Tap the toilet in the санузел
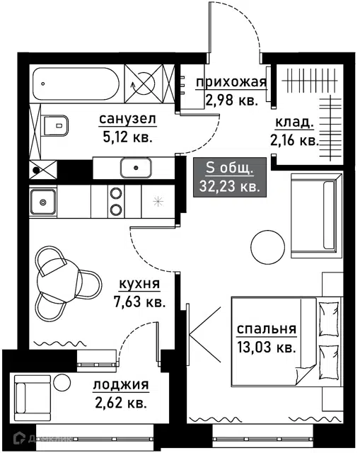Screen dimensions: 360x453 click(56, 125)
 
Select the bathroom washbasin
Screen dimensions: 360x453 click(136, 168)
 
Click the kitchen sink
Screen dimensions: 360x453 click(43, 202)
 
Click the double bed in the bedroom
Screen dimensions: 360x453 click(286, 342)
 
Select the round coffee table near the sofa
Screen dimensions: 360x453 click(268, 247)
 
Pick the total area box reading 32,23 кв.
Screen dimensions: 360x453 click(230, 178)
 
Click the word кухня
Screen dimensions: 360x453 click(139, 284)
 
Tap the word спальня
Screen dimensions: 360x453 click(267, 329)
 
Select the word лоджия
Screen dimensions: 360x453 click(121, 385)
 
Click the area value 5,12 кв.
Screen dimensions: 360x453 click(127, 137)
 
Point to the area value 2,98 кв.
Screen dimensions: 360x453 click(231, 101)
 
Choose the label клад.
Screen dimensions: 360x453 click(294, 122)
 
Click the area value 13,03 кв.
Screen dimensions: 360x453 click(267, 347)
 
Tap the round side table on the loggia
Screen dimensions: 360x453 click(63, 383)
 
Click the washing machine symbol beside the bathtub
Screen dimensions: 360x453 click(143, 84)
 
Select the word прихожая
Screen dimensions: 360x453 click(231, 82)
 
